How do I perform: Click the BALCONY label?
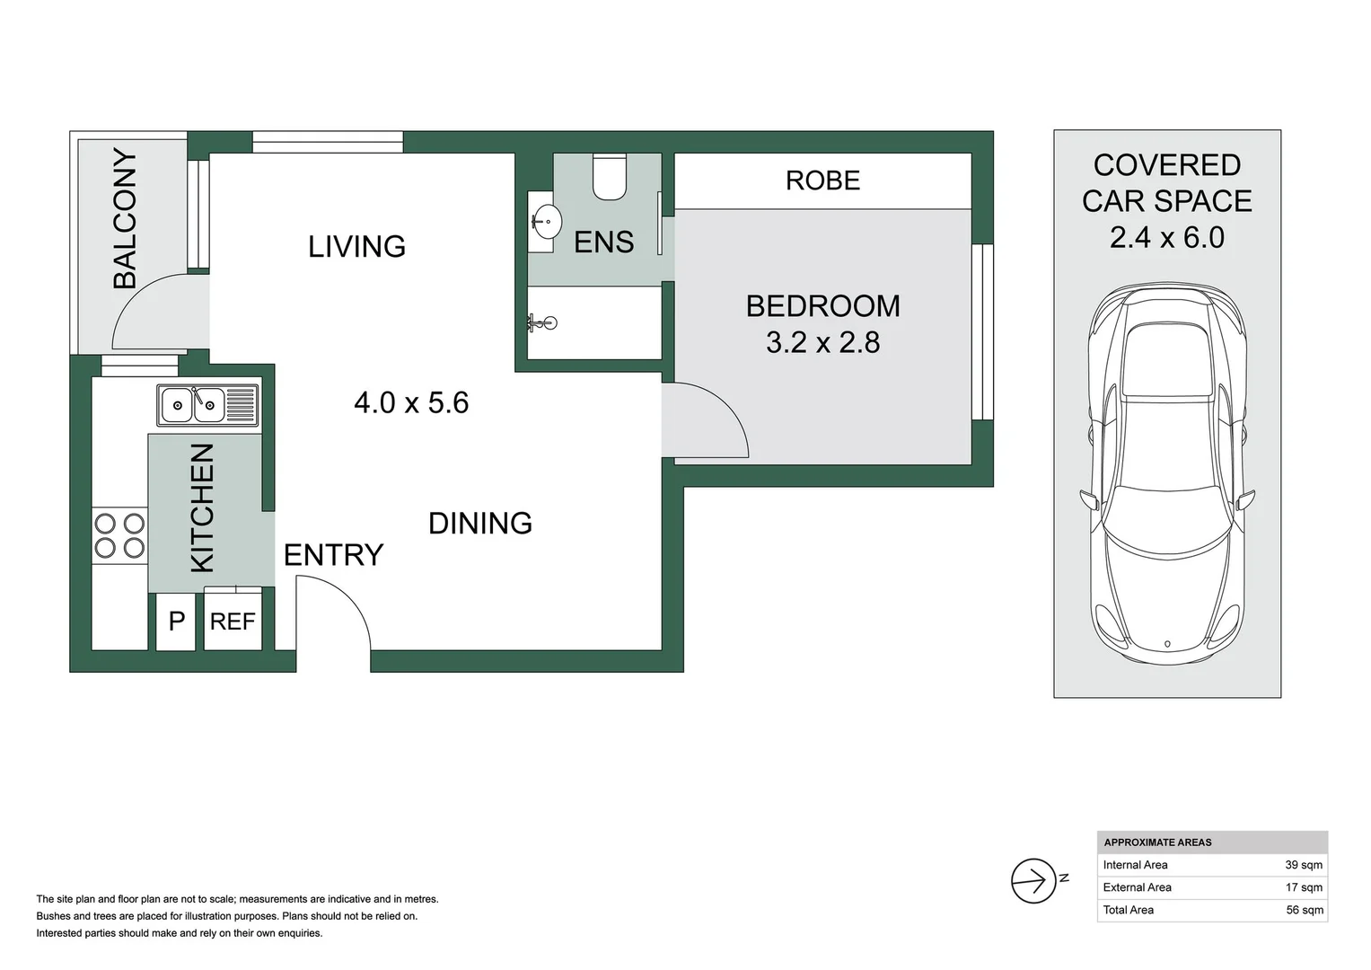(x=125, y=218)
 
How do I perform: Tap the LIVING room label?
(x=356, y=246)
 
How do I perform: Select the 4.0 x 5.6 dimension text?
(x=411, y=402)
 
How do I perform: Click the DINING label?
(x=480, y=523)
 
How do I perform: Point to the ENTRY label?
(x=333, y=555)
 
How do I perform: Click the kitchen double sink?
(x=207, y=405)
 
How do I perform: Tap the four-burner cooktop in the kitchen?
(x=119, y=535)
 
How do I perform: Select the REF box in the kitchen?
(x=233, y=622)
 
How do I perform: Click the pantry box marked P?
(x=177, y=622)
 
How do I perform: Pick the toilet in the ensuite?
(x=610, y=177)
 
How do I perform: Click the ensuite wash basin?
(x=545, y=220)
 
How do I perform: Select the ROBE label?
(x=822, y=181)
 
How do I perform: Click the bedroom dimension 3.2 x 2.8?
(x=822, y=342)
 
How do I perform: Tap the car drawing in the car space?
(x=1167, y=476)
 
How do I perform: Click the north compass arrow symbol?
(x=1033, y=880)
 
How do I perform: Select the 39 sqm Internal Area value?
(x=1303, y=865)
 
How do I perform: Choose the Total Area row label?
(x=1129, y=910)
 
